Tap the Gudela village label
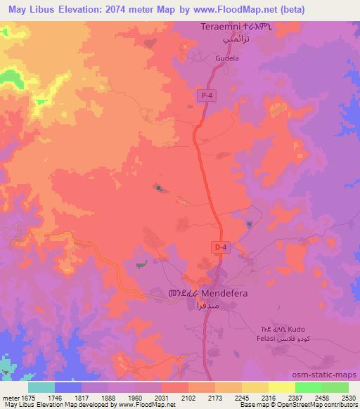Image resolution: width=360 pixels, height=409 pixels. pyautogui.click(x=209, y=59)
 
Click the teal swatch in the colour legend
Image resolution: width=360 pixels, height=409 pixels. pyautogui.click(x=41, y=387)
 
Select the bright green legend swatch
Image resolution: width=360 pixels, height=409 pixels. pyautogui.click(x=309, y=387)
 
